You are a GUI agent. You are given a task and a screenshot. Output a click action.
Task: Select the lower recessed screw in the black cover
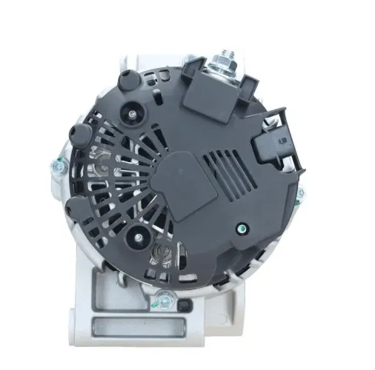(x=136, y=235)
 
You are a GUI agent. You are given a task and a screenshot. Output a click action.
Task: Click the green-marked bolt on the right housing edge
(x=299, y=194)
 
